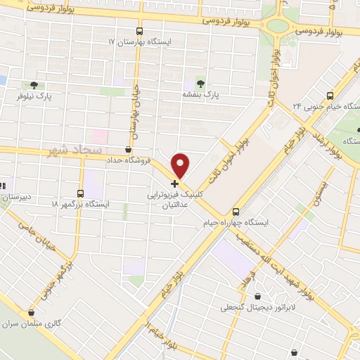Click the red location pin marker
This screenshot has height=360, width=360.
tap(181, 165)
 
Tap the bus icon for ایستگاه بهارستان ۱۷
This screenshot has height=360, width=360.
tap(139, 31)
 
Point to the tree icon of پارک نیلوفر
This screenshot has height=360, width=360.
tap(34, 84)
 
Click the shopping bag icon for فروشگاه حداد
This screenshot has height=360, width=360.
tap(127, 149)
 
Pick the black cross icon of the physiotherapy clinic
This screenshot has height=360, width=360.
tap(174, 183)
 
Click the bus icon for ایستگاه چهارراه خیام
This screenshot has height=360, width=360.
tap(236, 211)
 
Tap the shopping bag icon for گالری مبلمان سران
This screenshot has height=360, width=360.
tap(30, 314)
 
